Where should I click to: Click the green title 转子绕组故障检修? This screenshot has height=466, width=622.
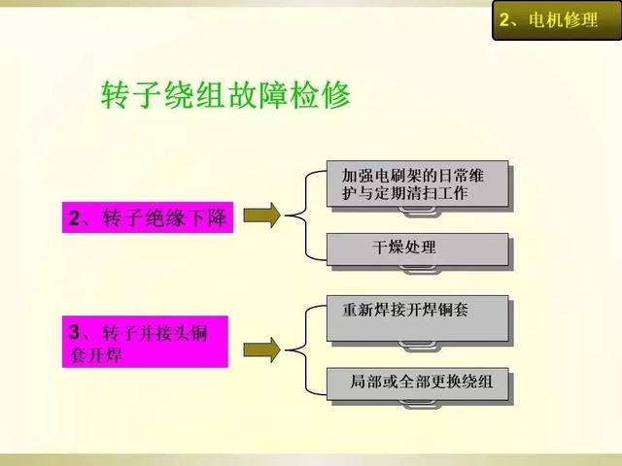pyautogui.click(x=225, y=95)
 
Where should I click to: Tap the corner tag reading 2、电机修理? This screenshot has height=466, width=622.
pyautogui.click(x=557, y=20)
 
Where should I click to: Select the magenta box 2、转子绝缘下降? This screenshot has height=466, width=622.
pyautogui.click(x=148, y=217)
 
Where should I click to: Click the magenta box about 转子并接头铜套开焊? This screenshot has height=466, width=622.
pyautogui.click(x=145, y=342)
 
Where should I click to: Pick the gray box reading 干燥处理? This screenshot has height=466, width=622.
pyautogui.click(x=417, y=250)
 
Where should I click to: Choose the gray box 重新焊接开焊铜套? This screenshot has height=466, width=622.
pyautogui.click(x=417, y=318)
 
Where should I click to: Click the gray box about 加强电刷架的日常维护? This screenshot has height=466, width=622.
pyautogui.click(x=417, y=183)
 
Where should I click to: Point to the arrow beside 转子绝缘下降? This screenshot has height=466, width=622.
pyautogui.click(x=261, y=216)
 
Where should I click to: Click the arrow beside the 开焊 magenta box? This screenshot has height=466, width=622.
pyautogui.click(x=261, y=349)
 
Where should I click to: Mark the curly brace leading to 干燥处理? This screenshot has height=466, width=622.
pyautogui.click(x=305, y=216)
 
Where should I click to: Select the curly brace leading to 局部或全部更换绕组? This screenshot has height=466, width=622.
pyautogui.click(x=305, y=350)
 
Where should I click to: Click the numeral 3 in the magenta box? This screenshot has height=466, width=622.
pyautogui.click(x=75, y=332)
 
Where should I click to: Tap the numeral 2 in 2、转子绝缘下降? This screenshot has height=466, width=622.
pyautogui.click(x=74, y=217)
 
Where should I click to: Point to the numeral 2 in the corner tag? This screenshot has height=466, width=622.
pyautogui.click(x=504, y=19)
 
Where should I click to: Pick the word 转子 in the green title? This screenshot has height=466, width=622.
pyautogui.click(x=131, y=95)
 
